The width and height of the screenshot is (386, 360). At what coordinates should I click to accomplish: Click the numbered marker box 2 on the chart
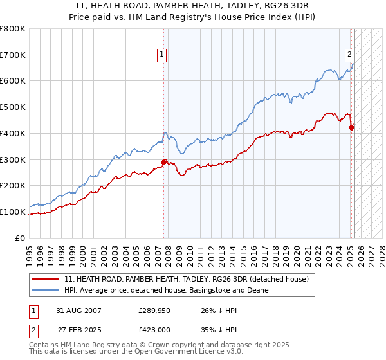tap(349, 55)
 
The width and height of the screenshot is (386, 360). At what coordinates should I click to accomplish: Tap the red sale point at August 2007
tap(164, 162)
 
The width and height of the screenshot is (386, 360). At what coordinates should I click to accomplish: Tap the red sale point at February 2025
tap(351, 127)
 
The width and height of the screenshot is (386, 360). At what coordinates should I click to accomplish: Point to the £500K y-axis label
tap(14, 107)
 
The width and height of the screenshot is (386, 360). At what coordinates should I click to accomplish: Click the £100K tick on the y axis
tap(14, 212)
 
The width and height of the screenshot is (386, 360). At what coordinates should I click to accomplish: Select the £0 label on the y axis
tap(21, 238)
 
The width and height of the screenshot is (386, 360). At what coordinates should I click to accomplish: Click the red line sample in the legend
tap(46, 280)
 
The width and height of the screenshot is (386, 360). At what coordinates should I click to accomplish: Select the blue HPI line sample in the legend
tap(46, 291)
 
